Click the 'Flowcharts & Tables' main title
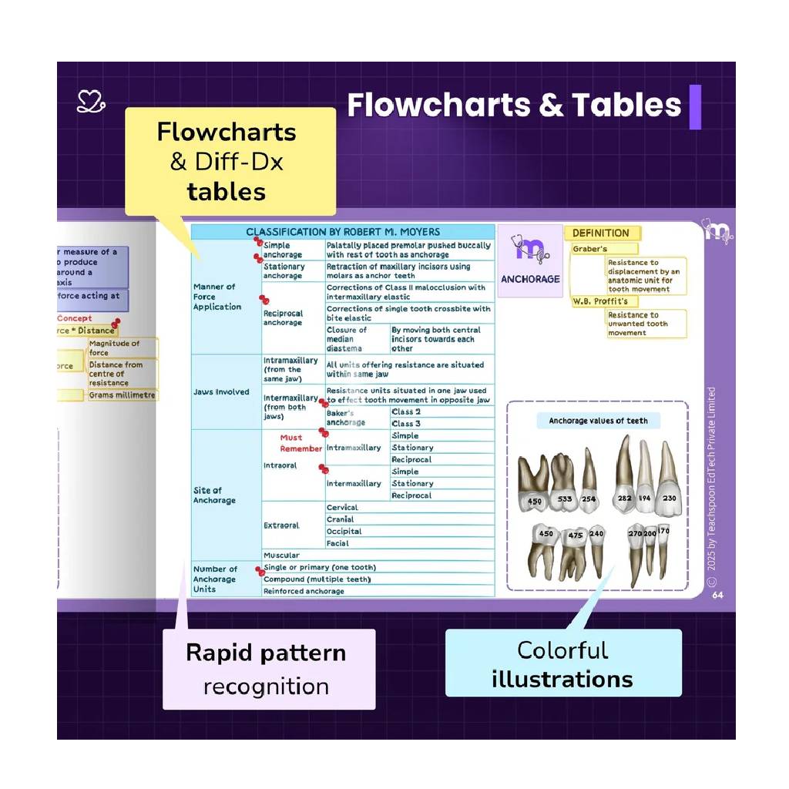click(514, 105)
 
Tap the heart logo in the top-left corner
click(90, 101)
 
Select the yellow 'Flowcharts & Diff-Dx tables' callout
click(230, 161)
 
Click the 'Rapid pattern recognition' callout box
click(268, 668)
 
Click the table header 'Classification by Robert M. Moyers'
click(343, 231)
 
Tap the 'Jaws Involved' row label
click(221, 392)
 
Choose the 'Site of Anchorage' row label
click(208, 495)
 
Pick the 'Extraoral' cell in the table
click(281, 525)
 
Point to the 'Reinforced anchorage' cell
click(304, 592)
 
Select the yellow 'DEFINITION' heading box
click(601, 233)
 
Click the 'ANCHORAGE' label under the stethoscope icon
click(530, 279)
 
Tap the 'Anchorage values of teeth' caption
click(598, 421)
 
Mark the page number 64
click(717, 595)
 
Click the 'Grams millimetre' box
click(122, 395)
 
